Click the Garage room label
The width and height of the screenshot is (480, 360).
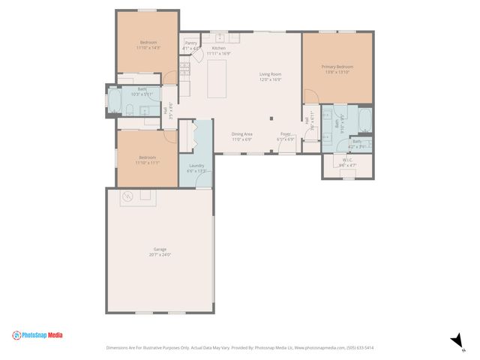160,249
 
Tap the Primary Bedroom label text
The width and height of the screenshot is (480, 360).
337,67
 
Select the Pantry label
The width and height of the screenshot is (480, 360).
190,43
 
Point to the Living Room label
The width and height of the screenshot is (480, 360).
270,74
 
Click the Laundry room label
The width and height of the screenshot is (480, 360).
196,165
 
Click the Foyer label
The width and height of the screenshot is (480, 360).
286,133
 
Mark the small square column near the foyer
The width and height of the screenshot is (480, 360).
271,118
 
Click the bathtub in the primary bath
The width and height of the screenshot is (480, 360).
364,120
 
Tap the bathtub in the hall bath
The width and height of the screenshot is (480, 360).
114,102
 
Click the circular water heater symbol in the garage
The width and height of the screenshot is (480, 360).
127,196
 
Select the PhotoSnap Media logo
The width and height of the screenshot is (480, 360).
37,335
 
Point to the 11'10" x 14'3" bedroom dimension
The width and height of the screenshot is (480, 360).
148,47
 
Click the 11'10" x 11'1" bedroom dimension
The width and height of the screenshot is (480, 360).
147,162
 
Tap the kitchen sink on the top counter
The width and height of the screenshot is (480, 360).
218,36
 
